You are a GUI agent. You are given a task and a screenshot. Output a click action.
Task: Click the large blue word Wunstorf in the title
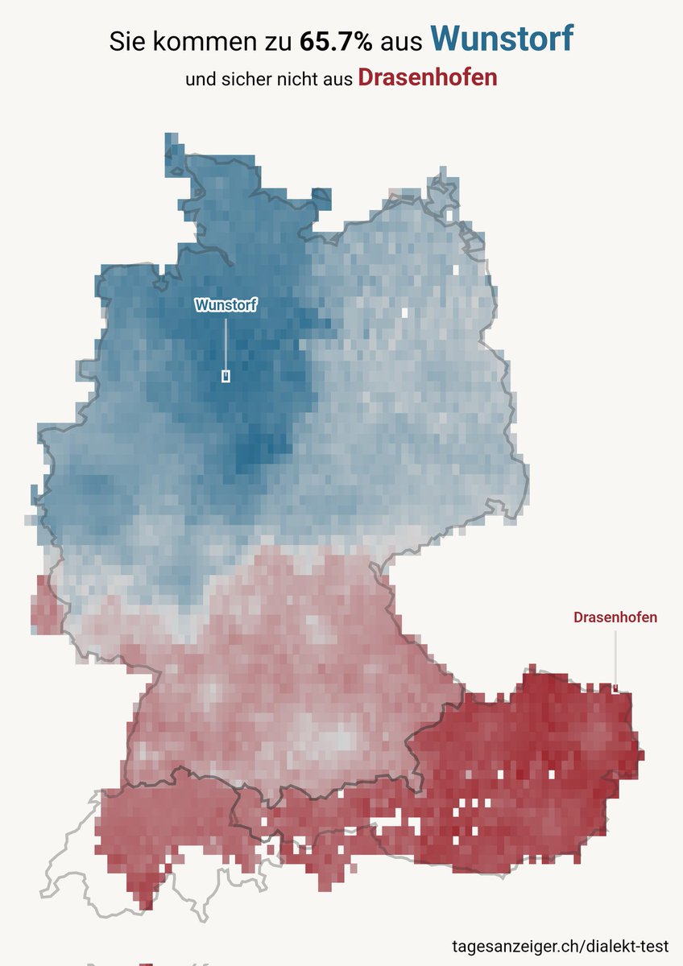coord(502,38)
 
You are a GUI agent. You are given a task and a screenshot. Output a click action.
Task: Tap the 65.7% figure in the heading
coord(335,41)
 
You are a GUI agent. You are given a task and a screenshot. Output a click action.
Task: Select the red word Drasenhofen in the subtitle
coord(427,78)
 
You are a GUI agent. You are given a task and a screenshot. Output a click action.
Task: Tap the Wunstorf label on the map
coord(226,305)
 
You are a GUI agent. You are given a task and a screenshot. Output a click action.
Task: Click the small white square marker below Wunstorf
coord(226,376)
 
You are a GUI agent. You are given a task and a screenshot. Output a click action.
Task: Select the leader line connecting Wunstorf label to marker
coord(226,342)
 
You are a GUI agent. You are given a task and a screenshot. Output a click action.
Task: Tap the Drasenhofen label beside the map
coord(615,617)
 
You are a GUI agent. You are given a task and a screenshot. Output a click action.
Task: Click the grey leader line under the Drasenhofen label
coord(615,656)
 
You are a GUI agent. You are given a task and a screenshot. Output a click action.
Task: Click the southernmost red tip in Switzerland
coord(144,900)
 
